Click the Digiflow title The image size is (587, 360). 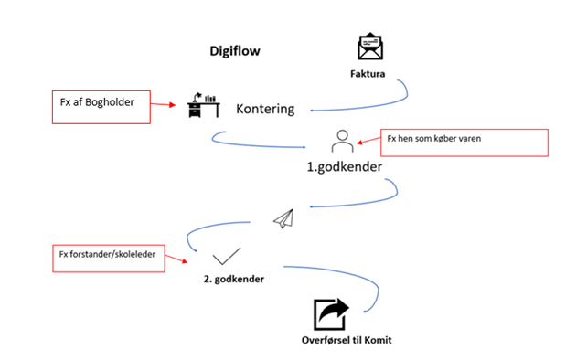(x=235, y=51)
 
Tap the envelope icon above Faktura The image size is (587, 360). (x=370, y=46)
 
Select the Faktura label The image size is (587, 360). (x=368, y=74)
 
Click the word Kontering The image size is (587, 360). (x=265, y=109)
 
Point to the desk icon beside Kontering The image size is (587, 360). (x=204, y=105)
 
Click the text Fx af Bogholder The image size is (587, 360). (x=97, y=102)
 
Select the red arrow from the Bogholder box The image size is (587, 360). (x=163, y=104)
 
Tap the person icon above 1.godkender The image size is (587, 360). (x=342, y=141)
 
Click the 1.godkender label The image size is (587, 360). (x=345, y=167)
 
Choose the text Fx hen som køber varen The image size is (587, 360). (x=434, y=139)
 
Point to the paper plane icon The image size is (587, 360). (x=283, y=219)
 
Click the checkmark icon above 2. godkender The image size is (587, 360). (x=227, y=257)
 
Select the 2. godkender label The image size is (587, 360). (x=233, y=280)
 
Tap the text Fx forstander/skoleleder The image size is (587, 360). (x=107, y=255)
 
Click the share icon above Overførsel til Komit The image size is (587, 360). (x=331, y=314)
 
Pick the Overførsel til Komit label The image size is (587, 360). (x=347, y=340)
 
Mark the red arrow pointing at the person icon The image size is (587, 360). (x=368, y=141)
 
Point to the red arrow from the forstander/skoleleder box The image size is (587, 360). (x=176, y=259)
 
